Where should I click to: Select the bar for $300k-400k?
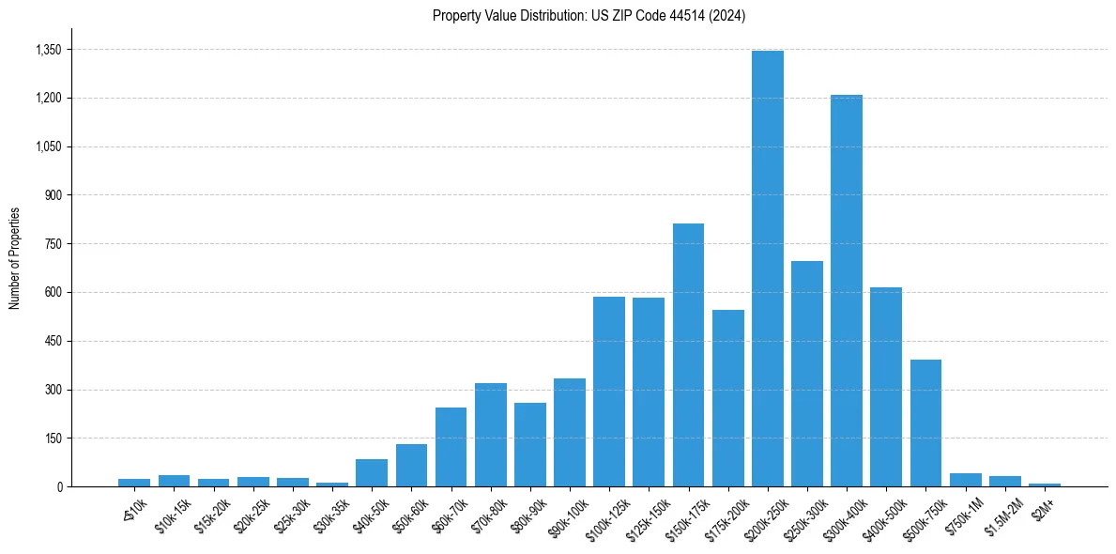click(x=846, y=291)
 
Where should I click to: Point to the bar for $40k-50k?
click(x=372, y=472)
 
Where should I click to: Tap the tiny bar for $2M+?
click(x=1044, y=485)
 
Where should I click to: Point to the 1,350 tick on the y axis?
click(x=48, y=50)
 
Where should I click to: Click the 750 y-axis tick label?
click(x=53, y=244)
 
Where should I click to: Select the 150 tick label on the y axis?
click(x=53, y=439)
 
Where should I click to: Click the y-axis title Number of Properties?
click(x=14, y=258)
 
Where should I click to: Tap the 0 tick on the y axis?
click(x=59, y=487)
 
